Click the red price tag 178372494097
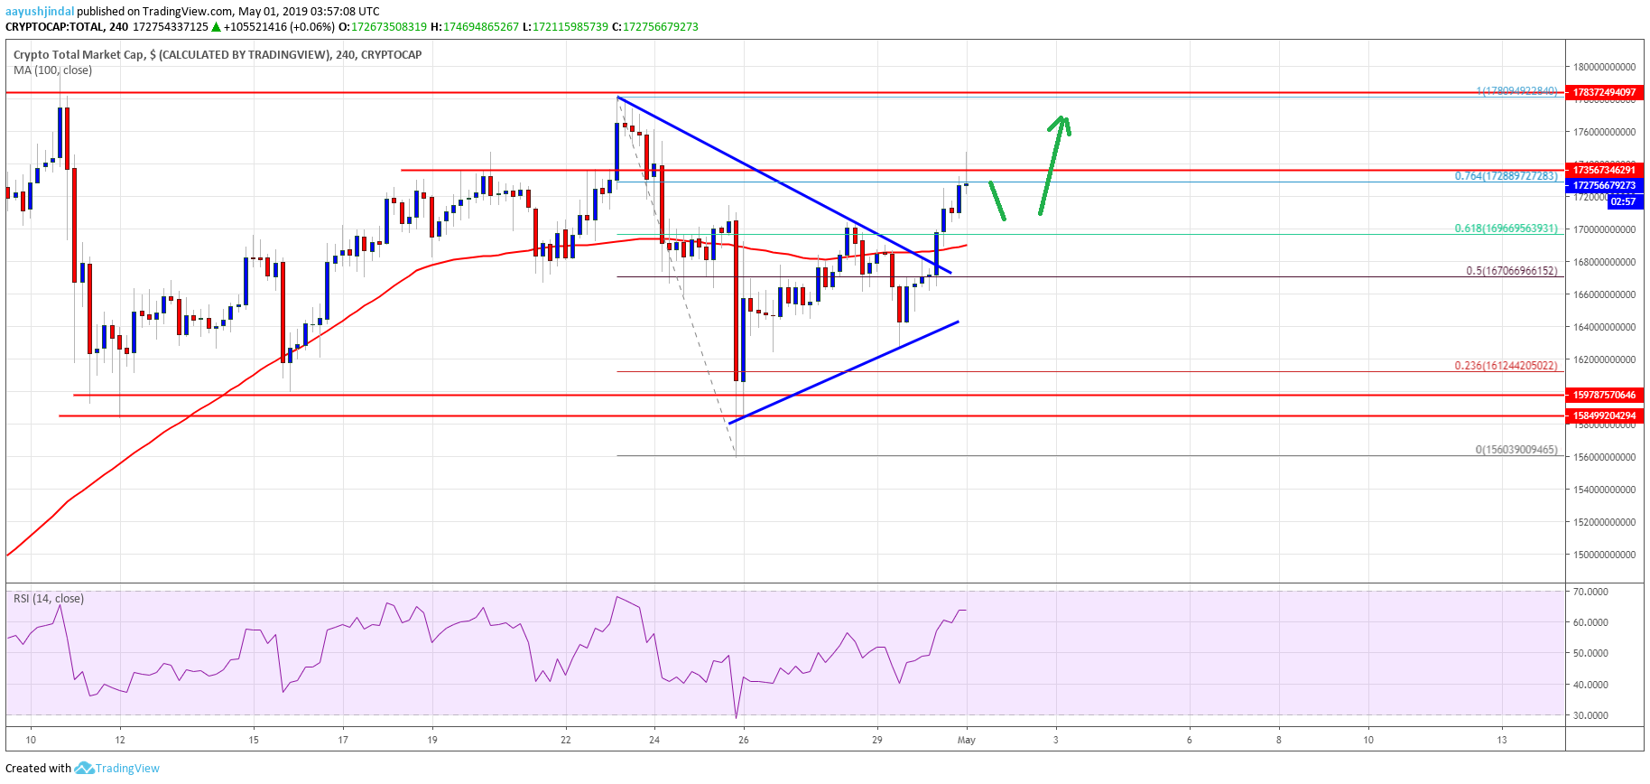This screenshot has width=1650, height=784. (x=1604, y=92)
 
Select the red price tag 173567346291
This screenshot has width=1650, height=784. (x=1604, y=170)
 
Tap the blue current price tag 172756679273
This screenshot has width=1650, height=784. (x=1604, y=185)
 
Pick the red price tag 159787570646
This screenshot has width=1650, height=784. (x=1604, y=395)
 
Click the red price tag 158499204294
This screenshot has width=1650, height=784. (x=1604, y=415)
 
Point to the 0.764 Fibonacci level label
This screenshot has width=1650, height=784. (x=1506, y=176)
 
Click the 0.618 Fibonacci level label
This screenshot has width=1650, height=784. (x=1506, y=229)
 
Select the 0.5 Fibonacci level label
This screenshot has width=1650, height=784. (x=1511, y=271)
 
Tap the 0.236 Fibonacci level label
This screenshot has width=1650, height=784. (x=1506, y=366)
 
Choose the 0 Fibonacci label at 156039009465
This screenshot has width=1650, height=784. (x=1516, y=450)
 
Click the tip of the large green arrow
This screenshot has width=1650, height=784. (x=1064, y=117)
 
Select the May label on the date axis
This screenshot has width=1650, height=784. (x=967, y=740)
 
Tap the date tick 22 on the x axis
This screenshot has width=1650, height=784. (x=566, y=740)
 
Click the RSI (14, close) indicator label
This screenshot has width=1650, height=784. (x=49, y=599)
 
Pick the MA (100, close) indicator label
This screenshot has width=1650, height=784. (x=52, y=70)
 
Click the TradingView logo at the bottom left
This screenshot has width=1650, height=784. (x=117, y=769)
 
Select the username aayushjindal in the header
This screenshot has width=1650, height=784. (x=40, y=12)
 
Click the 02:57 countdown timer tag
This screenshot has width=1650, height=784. (x=1622, y=201)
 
